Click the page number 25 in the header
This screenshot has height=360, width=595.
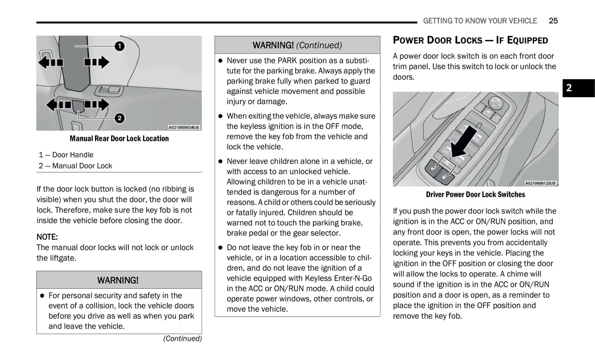[553, 21]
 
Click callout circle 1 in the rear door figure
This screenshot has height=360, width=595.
[119, 46]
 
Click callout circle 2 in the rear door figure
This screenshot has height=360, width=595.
[119, 118]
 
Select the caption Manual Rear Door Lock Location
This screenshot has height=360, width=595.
[119, 138]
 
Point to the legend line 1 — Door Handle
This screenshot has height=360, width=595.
[66, 155]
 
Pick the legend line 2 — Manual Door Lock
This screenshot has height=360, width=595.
[75, 166]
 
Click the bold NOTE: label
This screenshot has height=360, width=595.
[47, 237]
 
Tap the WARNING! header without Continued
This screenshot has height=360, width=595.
[118, 280]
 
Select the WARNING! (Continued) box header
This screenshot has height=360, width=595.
[297, 45]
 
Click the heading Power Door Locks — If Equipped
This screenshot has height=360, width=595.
[470, 40]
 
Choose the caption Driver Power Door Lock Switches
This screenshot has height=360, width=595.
[476, 194]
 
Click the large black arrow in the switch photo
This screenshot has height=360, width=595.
[464, 142]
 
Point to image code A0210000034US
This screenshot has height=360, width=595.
[184, 127]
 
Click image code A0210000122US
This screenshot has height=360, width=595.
[540, 183]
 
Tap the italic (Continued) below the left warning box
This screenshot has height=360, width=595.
[182, 339]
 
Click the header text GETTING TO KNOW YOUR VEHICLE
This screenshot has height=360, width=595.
[480, 21]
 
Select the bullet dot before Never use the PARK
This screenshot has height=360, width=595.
[220, 61]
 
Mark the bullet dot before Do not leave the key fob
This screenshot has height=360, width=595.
[220, 248]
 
